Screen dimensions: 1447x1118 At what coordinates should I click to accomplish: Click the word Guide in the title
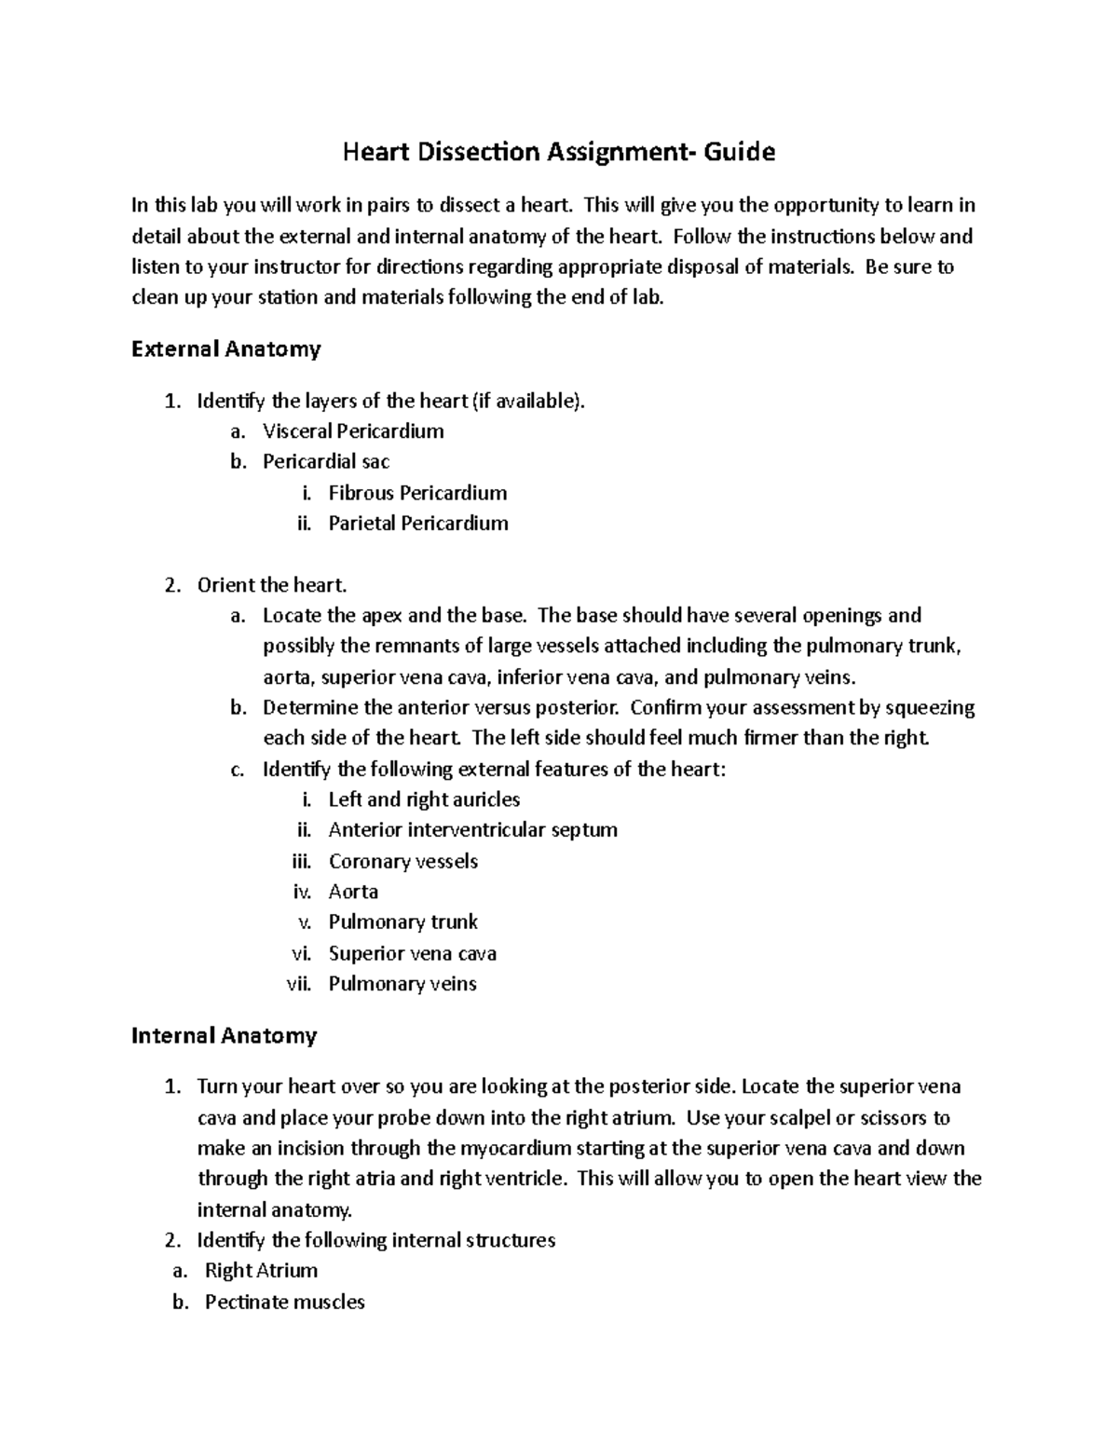(x=739, y=152)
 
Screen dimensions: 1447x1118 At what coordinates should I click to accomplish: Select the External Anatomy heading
(x=226, y=349)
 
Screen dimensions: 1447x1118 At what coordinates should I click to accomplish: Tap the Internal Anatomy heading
(x=225, y=1035)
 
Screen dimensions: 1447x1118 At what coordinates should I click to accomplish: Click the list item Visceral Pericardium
(x=353, y=431)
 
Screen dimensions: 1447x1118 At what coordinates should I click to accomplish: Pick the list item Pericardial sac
(x=326, y=462)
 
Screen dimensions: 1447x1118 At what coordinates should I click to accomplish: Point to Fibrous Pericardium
(x=417, y=493)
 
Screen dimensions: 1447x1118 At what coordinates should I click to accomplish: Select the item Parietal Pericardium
(x=418, y=524)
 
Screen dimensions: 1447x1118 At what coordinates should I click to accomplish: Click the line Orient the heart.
(x=271, y=585)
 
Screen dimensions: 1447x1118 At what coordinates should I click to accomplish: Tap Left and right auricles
(x=424, y=799)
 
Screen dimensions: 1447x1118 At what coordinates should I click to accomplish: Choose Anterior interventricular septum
(x=472, y=830)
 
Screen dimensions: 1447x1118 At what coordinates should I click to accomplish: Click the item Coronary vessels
(x=402, y=861)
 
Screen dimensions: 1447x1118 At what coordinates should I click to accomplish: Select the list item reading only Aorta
(x=353, y=892)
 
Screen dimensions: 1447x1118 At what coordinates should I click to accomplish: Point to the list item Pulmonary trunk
(x=402, y=922)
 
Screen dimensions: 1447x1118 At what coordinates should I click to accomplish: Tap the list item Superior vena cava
(x=412, y=953)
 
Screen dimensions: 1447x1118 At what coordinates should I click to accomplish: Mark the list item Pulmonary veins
(x=402, y=984)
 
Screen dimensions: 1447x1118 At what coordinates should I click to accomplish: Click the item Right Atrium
(x=261, y=1271)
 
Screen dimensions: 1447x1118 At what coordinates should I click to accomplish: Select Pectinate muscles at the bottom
(x=284, y=1302)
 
